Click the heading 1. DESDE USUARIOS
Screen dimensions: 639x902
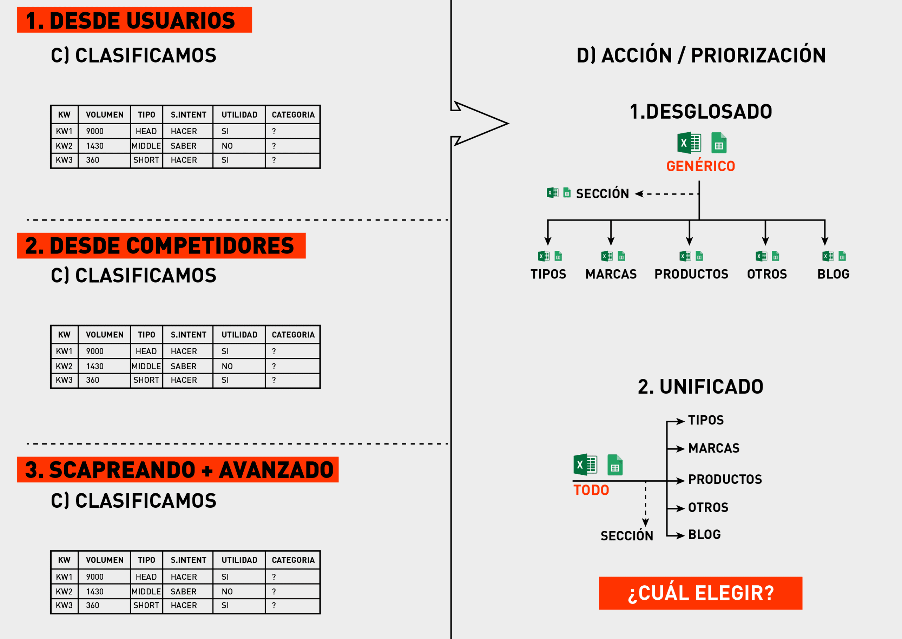point(134,20)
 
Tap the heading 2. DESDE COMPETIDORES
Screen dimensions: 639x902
point(160,245)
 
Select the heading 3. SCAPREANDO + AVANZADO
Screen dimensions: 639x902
point(178,470)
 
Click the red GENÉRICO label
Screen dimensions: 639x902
point(700,166)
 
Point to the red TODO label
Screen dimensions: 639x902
point(591,490)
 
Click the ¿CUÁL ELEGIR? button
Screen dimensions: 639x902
point(700,593)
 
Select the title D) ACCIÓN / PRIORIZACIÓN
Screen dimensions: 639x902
point(701,55)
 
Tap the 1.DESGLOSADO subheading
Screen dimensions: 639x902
point(700,112)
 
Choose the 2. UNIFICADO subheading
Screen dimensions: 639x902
point(700,387)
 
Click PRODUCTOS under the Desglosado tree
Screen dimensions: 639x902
point(691,274)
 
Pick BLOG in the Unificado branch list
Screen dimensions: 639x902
point(704,534)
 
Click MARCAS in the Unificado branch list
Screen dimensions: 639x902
point(713,448)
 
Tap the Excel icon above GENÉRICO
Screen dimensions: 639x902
point(689,143)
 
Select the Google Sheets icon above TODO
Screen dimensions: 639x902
point(615,465)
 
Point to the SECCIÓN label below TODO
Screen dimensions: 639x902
point(627,535)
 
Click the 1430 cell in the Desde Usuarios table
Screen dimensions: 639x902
point(95,146)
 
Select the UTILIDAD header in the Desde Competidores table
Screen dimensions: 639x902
point(239,335)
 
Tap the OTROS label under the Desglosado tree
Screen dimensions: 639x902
point(767,274)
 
